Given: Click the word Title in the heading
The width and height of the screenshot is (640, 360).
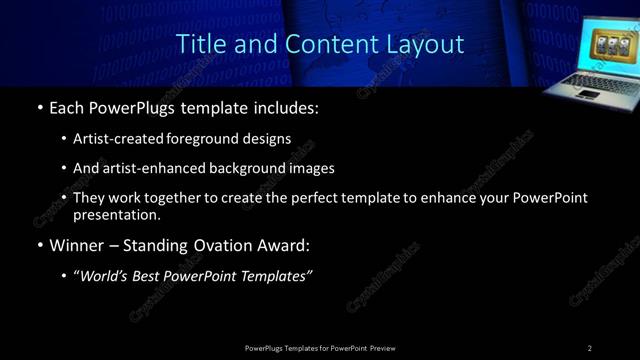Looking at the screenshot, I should tap(200, 45).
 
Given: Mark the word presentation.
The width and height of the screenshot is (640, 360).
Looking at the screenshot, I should tap(116, 214).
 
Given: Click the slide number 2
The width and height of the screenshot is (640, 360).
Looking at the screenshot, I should tap(590, 348).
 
